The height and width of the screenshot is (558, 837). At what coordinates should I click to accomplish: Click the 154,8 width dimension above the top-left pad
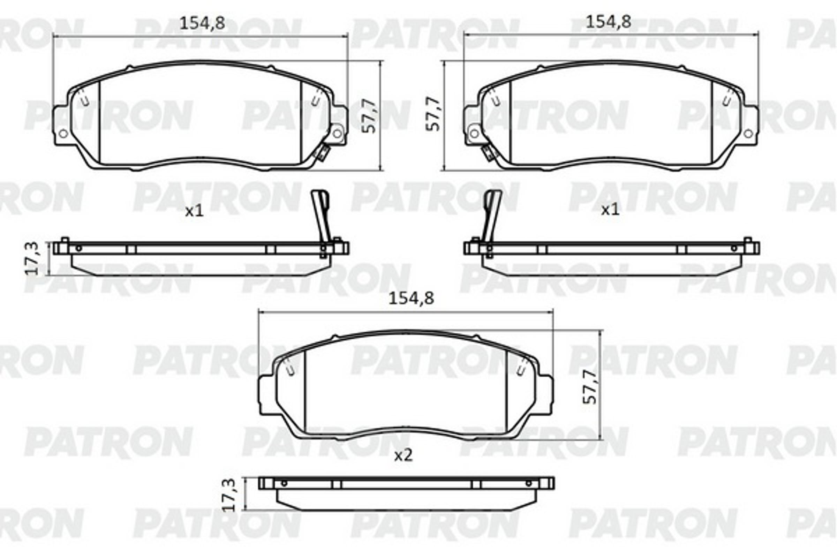tap(202, 23)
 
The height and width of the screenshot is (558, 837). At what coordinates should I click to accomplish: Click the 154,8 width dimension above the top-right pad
tap(609, 22)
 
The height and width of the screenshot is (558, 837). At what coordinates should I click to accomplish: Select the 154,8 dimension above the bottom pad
tap(412, 299)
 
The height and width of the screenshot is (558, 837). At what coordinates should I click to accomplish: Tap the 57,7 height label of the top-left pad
tap(369, 116)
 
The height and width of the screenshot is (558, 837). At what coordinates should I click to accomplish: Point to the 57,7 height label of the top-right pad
tap(433, 114)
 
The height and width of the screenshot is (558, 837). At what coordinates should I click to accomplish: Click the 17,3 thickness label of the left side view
tap(31, 258)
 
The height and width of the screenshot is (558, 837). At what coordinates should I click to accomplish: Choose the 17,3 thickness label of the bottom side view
tap(229, 495)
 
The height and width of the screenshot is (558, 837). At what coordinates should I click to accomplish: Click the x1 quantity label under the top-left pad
tap(194, 211)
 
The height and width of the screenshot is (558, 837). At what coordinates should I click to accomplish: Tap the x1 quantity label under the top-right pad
tap(610, 210)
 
